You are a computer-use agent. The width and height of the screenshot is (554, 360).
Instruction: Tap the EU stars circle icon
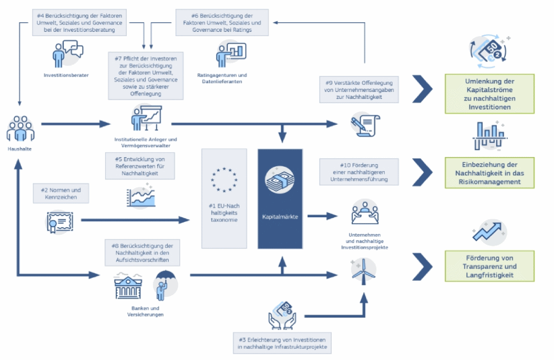223,179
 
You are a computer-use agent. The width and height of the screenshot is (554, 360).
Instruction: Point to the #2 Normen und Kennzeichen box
61,193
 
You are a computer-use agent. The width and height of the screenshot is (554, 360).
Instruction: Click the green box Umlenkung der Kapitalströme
489,93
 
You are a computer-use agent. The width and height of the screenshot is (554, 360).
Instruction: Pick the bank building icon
128,287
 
